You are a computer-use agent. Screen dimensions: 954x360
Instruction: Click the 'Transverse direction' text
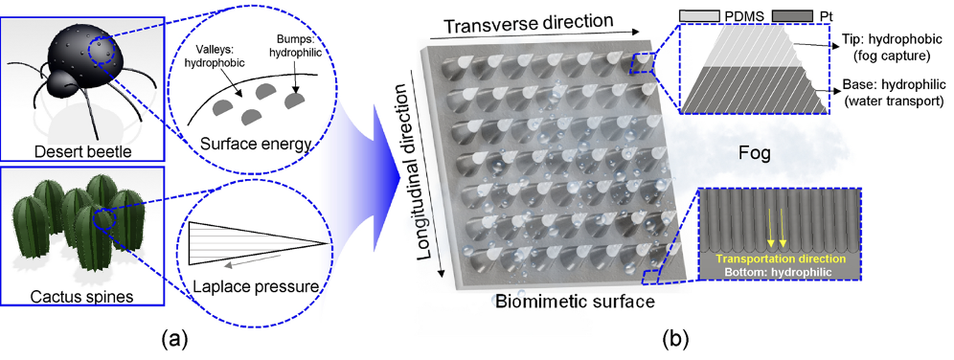[x=528, y=24]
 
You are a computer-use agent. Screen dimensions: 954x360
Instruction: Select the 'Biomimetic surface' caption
[x=575, y=301]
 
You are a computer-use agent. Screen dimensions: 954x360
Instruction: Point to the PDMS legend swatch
[x=700, y=13]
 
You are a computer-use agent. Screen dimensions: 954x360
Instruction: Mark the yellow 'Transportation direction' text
[x=780, y=259]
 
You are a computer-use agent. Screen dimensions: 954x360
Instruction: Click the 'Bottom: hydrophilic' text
[x=780, y=271]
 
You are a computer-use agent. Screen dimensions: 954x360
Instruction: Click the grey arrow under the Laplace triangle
[x=251, y=261]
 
